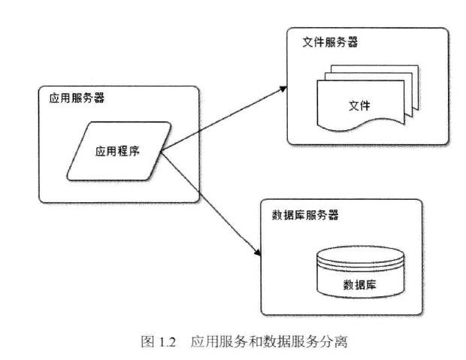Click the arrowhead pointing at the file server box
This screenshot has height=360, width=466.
tap(284, 87)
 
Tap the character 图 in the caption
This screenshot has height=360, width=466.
tap(147, 342)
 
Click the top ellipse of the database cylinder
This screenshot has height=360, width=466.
tap(357, 253)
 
